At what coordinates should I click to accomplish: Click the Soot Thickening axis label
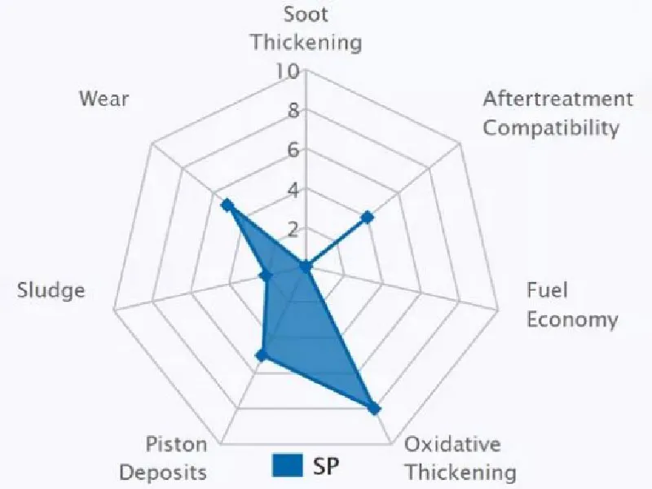pyautogui.click(x=306, y=29)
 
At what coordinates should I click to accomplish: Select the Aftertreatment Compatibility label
pyautogui.click(x=557, y=113)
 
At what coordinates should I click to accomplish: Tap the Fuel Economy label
pyautogui.click(x=571, y=305)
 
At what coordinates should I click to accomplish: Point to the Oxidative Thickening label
pyautogui.click(x=460, y=458)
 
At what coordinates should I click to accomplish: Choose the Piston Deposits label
pyautogui.click(x=176, y=458)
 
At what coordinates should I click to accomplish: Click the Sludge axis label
pyautogui.click(x=51, y=291)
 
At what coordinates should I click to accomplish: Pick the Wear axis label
pyautogui.click(x=104, y=99)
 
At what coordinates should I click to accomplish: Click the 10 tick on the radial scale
pyautogui.click(x=287, y=72)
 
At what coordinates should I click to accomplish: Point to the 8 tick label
pyautogui.click(x=292, y=111)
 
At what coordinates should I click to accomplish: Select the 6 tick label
pyautogui.click(x=292, y=150)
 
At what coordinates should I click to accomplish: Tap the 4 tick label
pyautogui.click(x=292, y=190)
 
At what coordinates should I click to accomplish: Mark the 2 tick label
pyautogui.click(x=292, y=227)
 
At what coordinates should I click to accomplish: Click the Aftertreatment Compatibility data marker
pyautogui.click(x=368, y=217)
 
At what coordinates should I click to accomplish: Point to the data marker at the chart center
pyautogui.click(x=306, y=267)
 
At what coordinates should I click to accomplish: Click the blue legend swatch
pyautogui.click(x=287, y=465)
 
